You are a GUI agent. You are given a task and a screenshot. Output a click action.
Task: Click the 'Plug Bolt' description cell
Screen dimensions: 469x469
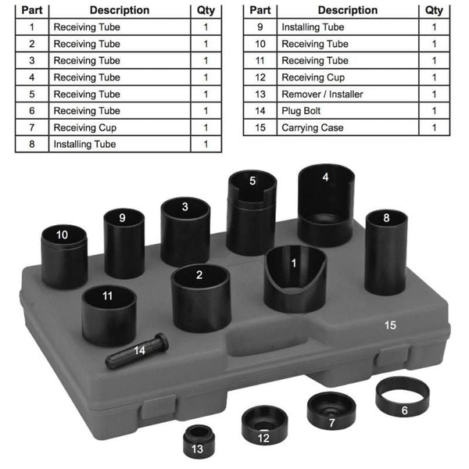(x=348, y=111)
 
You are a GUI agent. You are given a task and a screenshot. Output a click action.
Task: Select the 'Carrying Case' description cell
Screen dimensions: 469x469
(x=348, y=127)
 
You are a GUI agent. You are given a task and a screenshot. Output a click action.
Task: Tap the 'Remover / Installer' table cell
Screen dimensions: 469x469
(x=348, y=95)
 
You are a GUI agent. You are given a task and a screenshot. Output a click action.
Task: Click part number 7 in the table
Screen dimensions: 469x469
(x=32, y=127)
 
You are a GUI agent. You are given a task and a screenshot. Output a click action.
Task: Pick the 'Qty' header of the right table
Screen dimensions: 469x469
(x=434, y=10)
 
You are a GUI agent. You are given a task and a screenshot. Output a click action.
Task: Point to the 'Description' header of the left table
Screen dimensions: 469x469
(x=120, y=10)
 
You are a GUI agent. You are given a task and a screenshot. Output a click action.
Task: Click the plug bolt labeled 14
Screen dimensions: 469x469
(x=137, y=350)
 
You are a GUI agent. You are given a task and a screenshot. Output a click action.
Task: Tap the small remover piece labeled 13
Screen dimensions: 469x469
(x=199, y=442)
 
